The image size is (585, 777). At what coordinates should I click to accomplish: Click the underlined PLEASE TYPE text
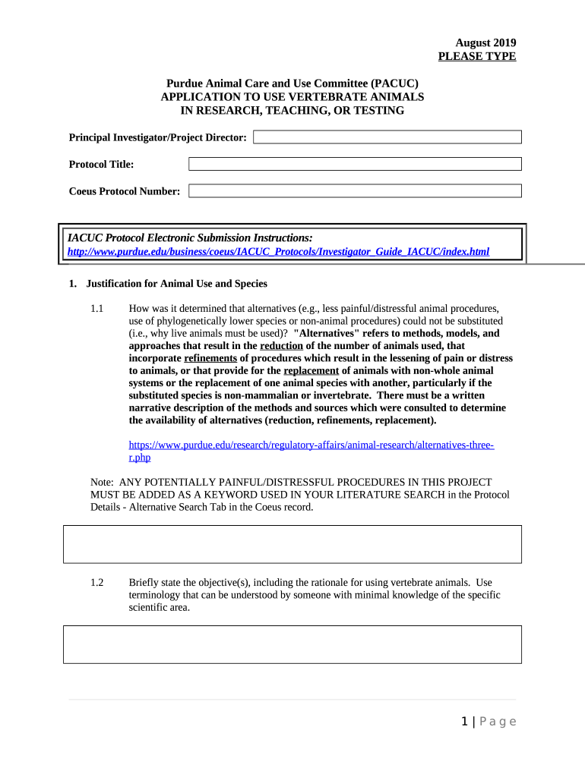click(477, 57)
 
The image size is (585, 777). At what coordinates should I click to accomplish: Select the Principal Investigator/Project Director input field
click(387, 137)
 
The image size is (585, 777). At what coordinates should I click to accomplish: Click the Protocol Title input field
click(355, 164)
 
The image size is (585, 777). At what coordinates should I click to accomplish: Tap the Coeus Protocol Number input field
click(355, 191)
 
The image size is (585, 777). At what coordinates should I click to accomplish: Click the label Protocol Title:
click(101, 164)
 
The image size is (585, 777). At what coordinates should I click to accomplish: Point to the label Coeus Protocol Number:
click(125, 191)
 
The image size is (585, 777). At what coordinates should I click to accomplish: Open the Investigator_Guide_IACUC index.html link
click(278, 251)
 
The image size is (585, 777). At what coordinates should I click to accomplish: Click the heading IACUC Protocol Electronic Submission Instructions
click(190, 238)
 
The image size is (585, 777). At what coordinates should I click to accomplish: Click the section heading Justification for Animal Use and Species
click(176, 284)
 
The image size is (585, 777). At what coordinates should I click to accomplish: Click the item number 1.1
click(96, 309)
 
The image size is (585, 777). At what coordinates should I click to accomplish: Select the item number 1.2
click(96, 583)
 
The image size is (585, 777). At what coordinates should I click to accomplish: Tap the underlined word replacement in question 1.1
click(311, 370)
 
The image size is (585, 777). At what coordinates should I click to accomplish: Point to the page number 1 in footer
click(465, 722)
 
